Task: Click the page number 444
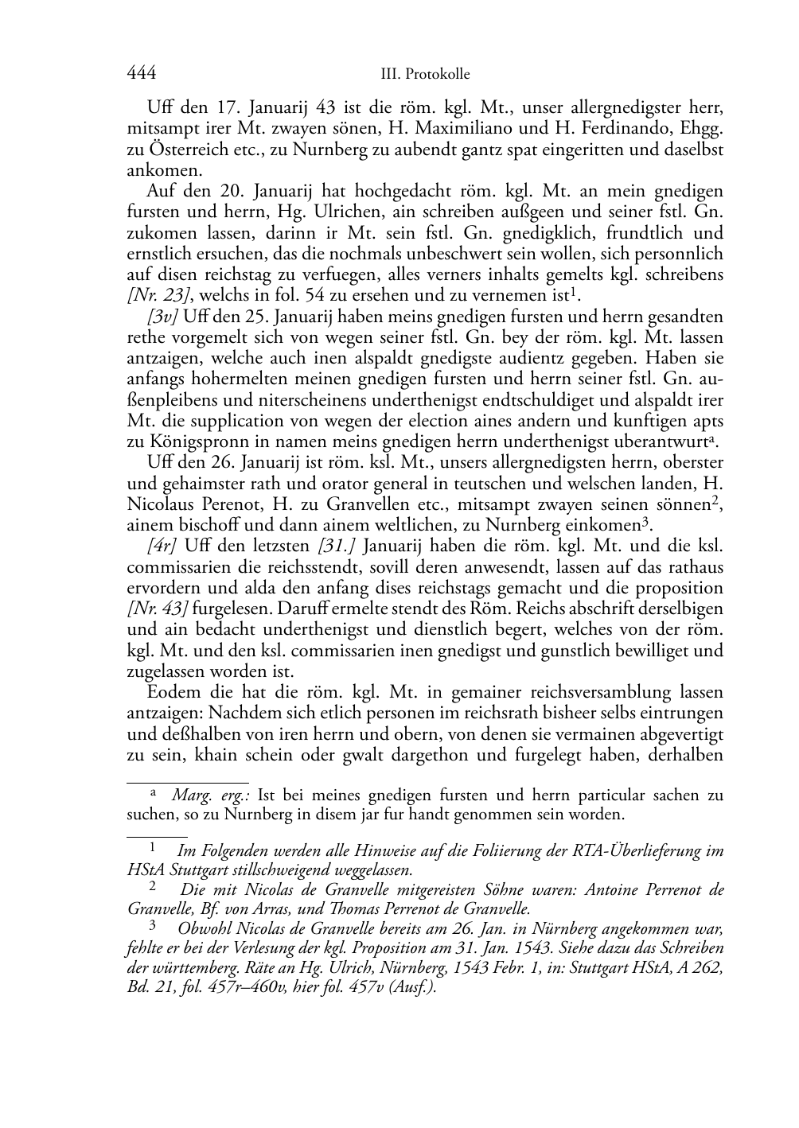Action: pyautogui.click(x=141, y=74)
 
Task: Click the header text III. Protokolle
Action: pyautogui.click(x=425, y=75)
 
